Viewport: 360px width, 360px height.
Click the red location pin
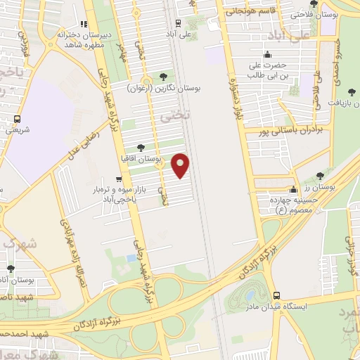tap(181, 165)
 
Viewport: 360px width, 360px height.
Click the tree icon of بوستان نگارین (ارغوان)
tap(164, 77)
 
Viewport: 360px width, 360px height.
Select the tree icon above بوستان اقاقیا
tap(141, 148)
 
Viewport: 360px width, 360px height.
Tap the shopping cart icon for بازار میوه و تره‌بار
tap(119, 179)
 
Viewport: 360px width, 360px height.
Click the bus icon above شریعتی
tap(18, 119)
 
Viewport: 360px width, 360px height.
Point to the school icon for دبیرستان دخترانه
tap(84, 23)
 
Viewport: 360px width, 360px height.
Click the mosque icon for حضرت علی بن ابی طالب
tap(266, 55)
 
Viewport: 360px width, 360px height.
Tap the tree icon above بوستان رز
tap(320, 176)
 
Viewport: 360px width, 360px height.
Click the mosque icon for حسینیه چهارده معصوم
tap(293, 189)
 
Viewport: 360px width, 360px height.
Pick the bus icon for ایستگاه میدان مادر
tap(276, 296)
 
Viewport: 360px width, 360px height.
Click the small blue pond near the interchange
tap(132, 259)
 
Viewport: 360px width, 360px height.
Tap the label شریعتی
tap(18, 129)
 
